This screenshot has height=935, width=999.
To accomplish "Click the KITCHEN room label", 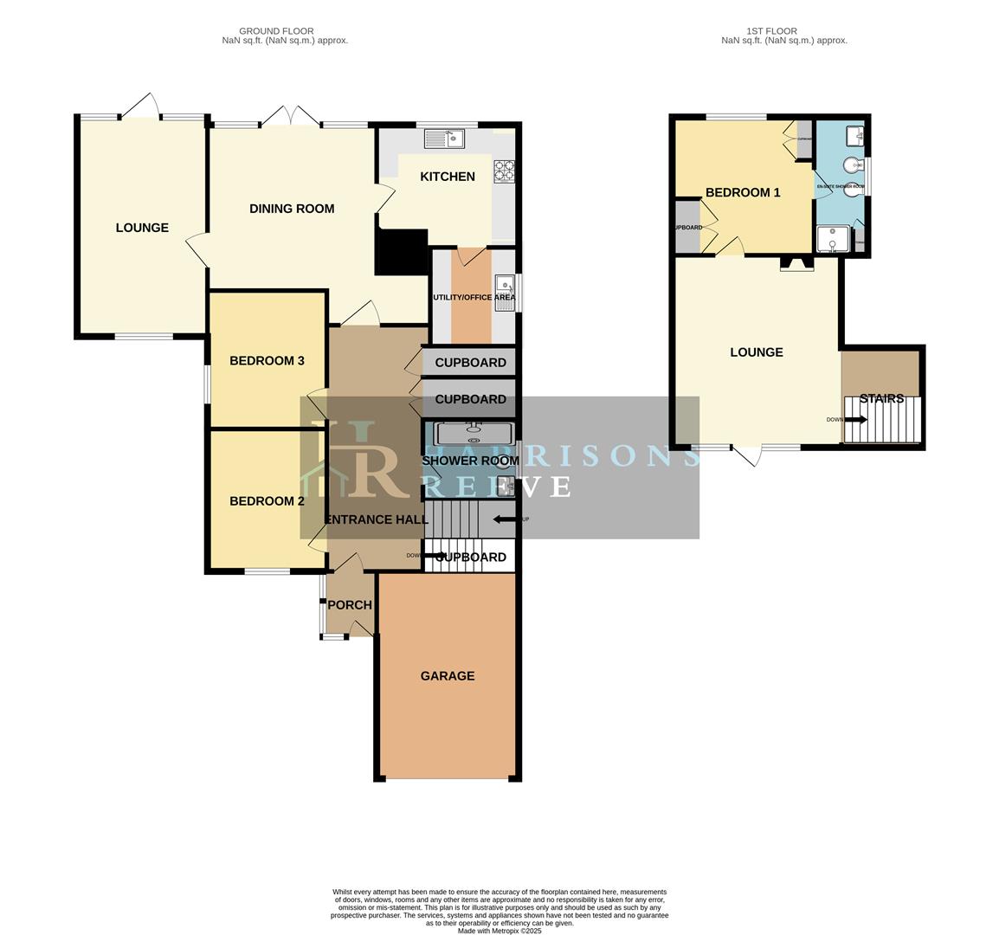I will click(447, 177).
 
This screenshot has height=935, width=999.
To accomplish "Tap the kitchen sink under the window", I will click(444, 139).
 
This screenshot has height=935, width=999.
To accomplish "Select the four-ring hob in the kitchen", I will click(504, 171).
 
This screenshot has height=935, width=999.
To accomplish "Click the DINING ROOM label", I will click(292, 209).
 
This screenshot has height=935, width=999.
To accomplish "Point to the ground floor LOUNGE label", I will click(142, 228).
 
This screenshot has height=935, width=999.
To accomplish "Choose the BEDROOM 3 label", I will click(267, 361).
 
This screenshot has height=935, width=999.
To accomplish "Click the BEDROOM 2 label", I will click(267, 501).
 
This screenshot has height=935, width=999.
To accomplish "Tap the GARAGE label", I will click(448, 676).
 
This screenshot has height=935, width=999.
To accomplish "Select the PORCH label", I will click(350, 605).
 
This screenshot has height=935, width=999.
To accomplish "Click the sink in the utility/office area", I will click(504, 285).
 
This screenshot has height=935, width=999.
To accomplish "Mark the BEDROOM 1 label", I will click(743, 192).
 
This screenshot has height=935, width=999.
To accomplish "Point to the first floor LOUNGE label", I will click(757, 352).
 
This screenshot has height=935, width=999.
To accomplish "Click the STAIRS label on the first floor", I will click(881, 399).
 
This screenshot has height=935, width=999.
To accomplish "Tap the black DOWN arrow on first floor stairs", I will click(855, 420).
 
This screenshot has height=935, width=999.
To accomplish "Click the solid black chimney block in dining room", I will click(403, 252).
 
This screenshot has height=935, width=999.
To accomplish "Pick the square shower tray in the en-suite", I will click(832, 239).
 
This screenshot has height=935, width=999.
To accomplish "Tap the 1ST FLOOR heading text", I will click(771, 31).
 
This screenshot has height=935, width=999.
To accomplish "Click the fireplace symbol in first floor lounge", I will click(796, 265).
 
